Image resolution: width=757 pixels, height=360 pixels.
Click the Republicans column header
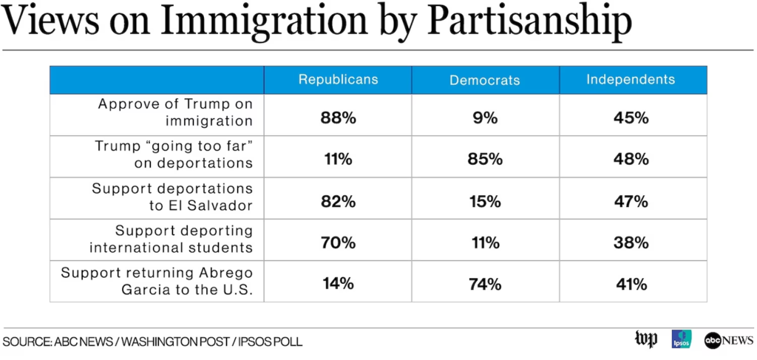tap(338, 80)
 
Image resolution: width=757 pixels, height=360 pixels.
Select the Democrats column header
tap(485, 80)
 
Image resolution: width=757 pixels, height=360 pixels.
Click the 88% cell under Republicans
tap(338, 117)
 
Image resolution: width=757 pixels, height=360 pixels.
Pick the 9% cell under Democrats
tap(485, 117)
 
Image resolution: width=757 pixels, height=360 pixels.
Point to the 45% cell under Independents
tap(633, 117)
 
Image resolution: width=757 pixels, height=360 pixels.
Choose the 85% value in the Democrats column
tap(485, 159)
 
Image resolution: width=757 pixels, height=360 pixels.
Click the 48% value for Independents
tap(633, 159)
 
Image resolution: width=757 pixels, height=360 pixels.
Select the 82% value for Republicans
tap(338, 201)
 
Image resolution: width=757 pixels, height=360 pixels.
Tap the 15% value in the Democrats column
tap(485, 201)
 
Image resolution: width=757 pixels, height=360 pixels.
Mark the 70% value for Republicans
tap(338, 242)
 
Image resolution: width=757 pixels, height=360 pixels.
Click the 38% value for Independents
tap(633, 242)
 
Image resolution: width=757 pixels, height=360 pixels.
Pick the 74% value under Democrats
tap(485, 284)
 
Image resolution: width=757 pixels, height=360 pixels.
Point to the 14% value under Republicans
tap(338, 284)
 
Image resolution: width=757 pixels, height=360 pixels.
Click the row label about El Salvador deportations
tap(172, 197)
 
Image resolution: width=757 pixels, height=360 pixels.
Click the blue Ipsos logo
tap(681, 339)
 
